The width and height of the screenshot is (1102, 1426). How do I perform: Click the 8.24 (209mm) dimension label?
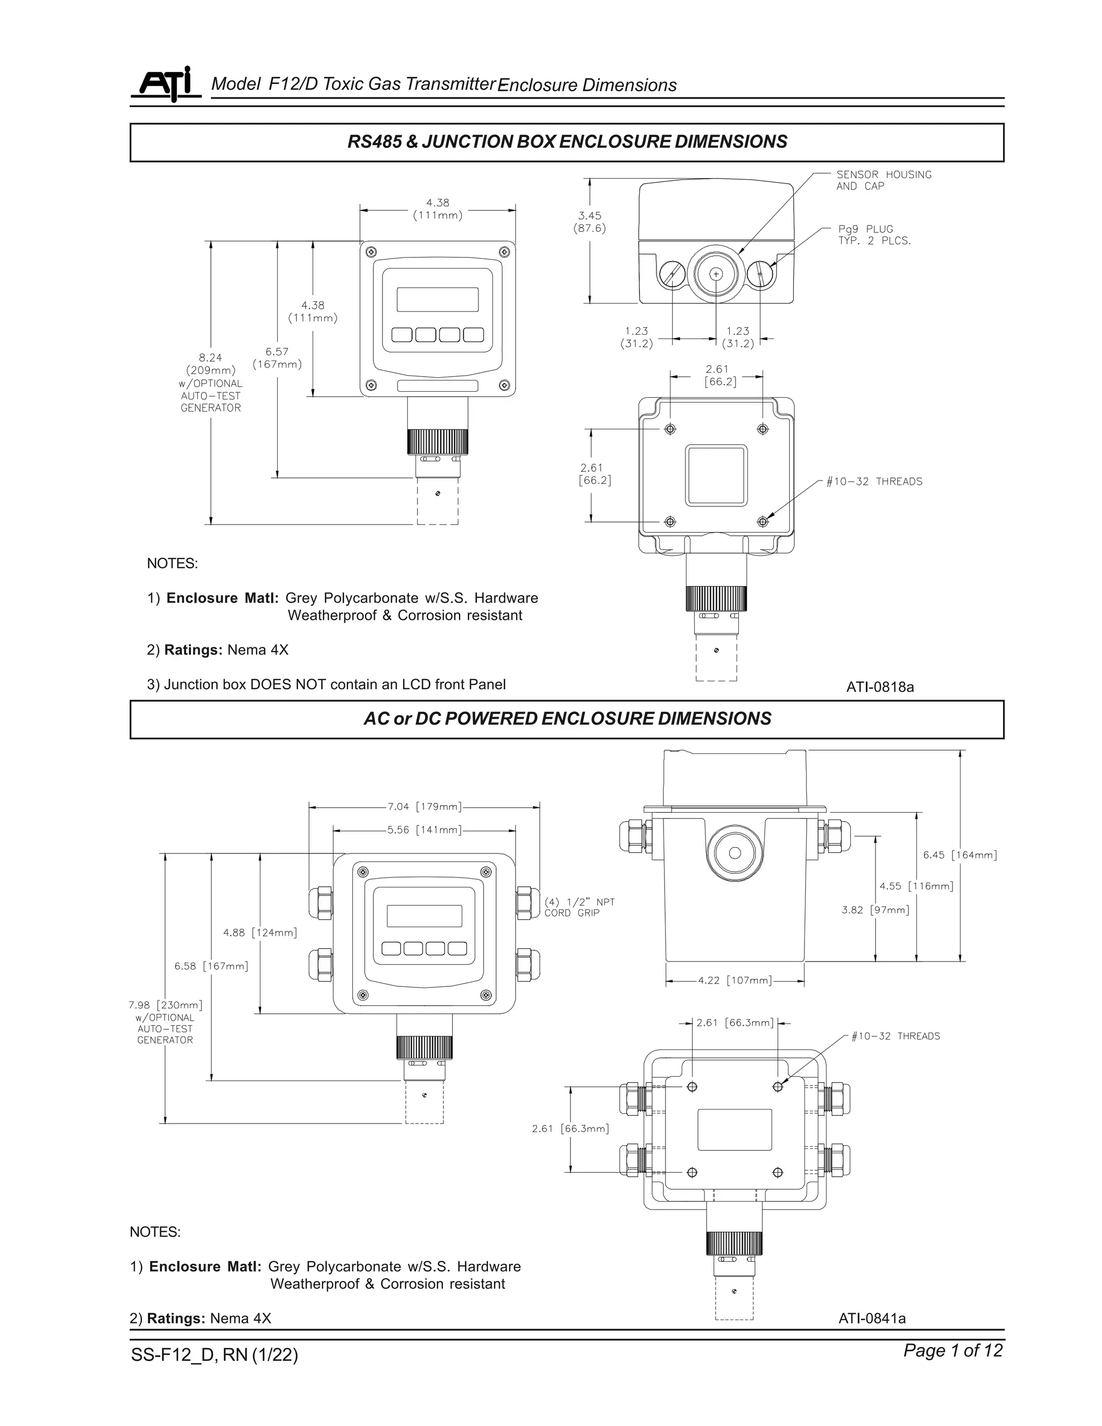(x=210, y=364)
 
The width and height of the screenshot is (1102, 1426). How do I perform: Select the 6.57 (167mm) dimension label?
(x=278, y=358)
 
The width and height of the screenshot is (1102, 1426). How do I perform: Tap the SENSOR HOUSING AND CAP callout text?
(x=884, y=180)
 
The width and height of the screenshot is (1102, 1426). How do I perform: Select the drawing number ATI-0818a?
(x=879, y=687)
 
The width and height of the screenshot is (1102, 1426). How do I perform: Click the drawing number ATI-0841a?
(x=872, y=1318)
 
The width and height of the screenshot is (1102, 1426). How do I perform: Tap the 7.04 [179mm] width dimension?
(x=425, y=807)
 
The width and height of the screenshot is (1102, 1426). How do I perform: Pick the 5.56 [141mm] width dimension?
(x=425, y=830)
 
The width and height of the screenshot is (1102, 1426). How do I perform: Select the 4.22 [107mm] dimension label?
(x=734, y=980)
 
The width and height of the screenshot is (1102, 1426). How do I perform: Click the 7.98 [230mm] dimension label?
(x=165, y=1005)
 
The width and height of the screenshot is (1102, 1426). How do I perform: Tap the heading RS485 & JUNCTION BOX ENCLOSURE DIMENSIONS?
(x=567, y=142)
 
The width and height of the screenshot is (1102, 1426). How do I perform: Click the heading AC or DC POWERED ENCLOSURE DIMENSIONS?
(x=567, y=719)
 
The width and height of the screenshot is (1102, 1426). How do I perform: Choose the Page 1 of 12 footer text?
(x=952, y=1350)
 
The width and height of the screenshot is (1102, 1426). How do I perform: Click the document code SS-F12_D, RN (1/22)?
(x=214, y=1355)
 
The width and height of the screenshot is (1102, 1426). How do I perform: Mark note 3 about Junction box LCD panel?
(x=327, y=684)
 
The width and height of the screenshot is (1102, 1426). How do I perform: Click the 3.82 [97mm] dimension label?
(x=875, y=909)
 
